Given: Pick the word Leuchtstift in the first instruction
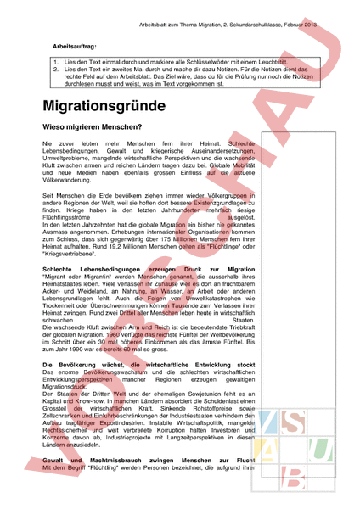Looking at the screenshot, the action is click(x=247, y=61).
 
